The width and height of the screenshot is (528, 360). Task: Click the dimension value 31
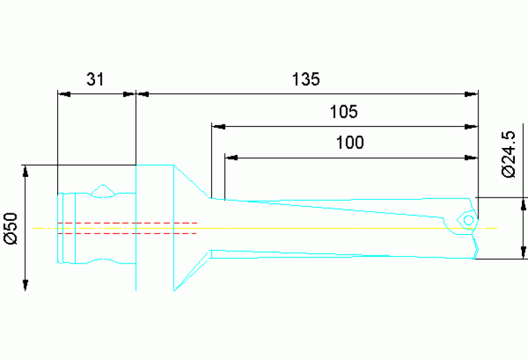(x=95, y=79)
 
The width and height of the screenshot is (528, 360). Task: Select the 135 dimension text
(x=305, y=79)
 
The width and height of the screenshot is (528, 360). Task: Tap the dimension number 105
(x=344, y=112)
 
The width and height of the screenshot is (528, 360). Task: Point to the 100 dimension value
(x=350, y=143)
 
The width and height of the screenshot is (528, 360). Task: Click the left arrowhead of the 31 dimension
(x=63, y=94)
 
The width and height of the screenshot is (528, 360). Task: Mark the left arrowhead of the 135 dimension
(x=141, y=94)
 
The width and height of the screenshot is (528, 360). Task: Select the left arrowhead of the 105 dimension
(x=218, y=127)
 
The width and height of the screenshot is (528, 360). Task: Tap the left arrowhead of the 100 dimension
(x=231, y=158)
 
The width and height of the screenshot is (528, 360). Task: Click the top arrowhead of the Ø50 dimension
(x=26, y=170)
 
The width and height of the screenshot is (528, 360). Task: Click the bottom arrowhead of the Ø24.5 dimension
(x=524, y=253)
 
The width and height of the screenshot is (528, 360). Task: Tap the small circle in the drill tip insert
(x=468, y=220)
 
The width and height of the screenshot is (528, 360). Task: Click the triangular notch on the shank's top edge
(x=103, y=189)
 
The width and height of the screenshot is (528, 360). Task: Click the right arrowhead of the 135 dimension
(x=472, y=94)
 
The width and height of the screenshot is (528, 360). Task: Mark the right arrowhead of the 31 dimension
(x=130, y=94)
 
